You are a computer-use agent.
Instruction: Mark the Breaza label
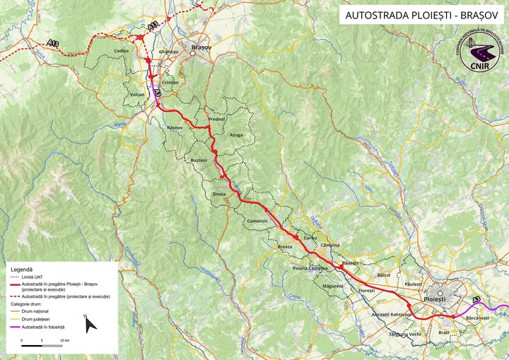[x=285, y=247]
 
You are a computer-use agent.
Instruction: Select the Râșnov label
[x=175, y=127]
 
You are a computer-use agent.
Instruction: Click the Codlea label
[x=122, y=52]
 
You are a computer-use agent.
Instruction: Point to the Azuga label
[x=236, y=134]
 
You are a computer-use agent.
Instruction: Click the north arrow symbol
[x=90, y=323]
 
